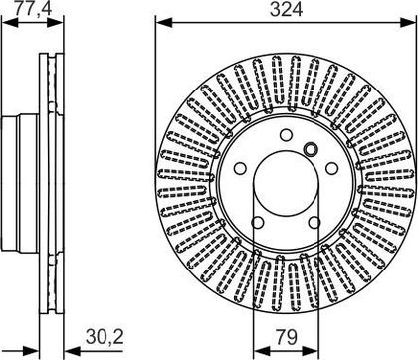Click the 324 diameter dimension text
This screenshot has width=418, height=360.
286,9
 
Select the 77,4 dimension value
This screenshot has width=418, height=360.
33,8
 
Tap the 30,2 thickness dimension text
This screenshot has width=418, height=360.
104,337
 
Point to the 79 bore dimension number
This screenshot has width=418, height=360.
286,337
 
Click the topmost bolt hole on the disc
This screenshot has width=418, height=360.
286,135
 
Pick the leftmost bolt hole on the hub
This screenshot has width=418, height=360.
240,168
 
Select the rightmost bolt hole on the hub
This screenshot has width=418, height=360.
331,168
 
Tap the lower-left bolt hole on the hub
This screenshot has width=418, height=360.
258,223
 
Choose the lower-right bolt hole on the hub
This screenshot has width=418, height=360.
314,223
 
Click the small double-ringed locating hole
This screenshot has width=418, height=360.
311,149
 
